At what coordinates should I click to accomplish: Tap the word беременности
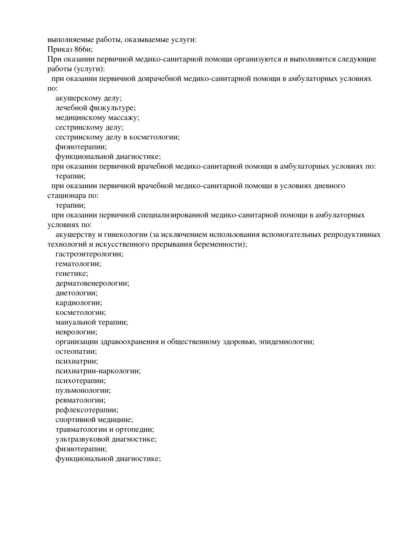click(x=222, y=244)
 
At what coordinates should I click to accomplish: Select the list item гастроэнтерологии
click(x=89, y=254)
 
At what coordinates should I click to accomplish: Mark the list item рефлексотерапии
click(x=87, y=410)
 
